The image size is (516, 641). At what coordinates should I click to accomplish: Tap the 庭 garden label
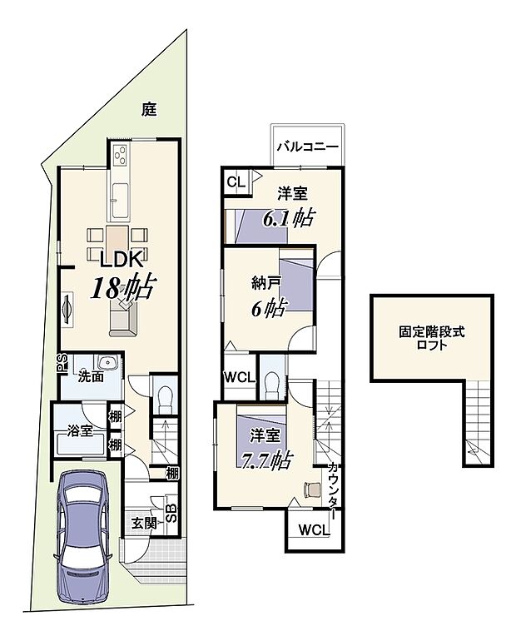tap(149, 109)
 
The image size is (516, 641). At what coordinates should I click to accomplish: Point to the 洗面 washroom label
tap(91, 376)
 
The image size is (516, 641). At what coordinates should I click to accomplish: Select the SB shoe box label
tap(170, 511)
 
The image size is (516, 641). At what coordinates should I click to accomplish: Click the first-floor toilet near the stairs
tap(164, 398)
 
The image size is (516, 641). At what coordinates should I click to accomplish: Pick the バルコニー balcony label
tap(306, 147)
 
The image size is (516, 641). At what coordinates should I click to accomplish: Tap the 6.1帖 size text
tap(287, 219)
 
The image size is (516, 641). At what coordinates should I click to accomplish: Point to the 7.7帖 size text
tap(265, 458)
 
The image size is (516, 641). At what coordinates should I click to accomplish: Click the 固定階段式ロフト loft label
tap(431, 338)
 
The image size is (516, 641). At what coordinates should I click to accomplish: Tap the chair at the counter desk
tap(313, 489)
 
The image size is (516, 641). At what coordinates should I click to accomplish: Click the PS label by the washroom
tap(61, 361)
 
